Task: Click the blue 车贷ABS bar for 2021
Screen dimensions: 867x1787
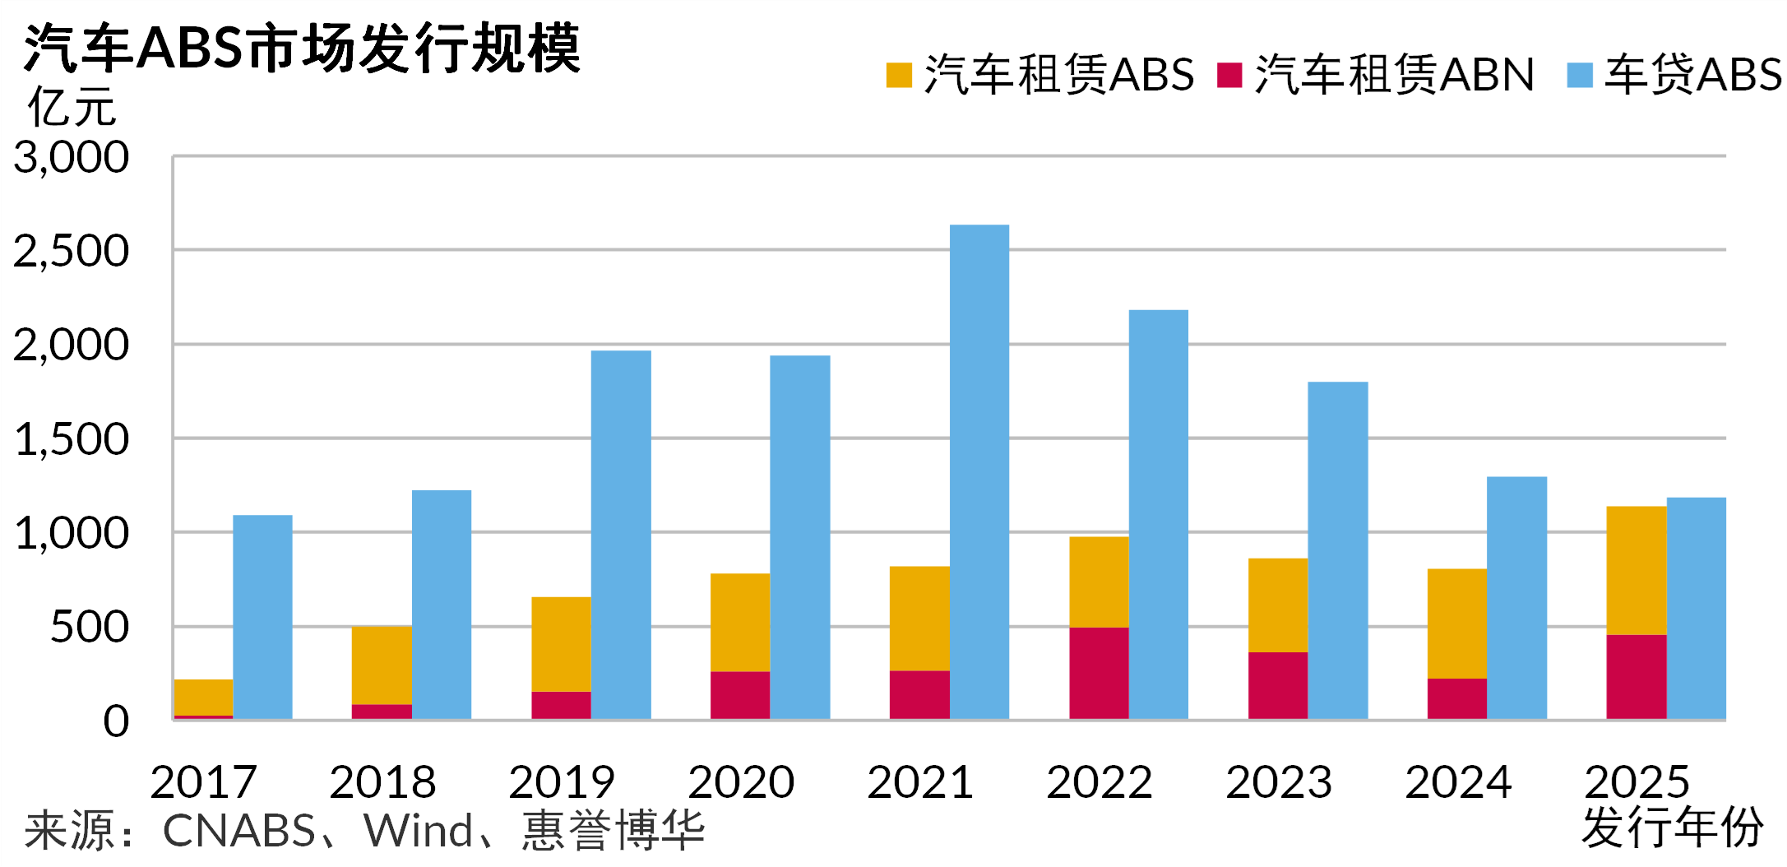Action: pyautogui.click(x=979, y=472)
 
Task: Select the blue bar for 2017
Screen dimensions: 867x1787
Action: pyautogui.click(x=262, y=617)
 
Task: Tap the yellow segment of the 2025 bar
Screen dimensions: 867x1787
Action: pyautogui.click(x=1636, y=570)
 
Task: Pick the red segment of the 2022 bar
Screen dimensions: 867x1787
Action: pyautogui.click(x=1099, y=673)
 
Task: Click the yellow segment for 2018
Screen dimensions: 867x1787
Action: pyautogui.click(x=382, y=665)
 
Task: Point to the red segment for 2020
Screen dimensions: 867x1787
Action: pyautogui.click(x=740, y=695)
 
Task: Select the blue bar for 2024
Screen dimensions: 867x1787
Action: pyautogui.click(x=1516, y=598)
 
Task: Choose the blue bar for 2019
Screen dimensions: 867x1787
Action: pyautogui.click(x=621, y=535)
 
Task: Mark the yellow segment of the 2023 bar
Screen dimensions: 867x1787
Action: pyautogui.click(x=1278, y=605)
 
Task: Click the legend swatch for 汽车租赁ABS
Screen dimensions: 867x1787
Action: pyautogui.click(x=899, y=75)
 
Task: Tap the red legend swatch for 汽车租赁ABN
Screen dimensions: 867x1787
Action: pyautogui.click(x=1229, y=75)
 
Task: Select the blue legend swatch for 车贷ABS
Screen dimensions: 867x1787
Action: pyautogui.click(x=1580, y=75)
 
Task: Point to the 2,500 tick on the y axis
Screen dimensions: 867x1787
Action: pyautogui.click(x=72, y=251)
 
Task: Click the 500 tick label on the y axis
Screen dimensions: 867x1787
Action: pyautogui.click(x=90, y=628)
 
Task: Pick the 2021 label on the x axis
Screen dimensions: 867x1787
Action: pyautogui.click(x=919, y=781)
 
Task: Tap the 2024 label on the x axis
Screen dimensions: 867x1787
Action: pyautogui.click(x=1457, y=781)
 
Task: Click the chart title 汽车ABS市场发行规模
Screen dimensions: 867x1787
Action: pyautogui.click(x=302, y=48)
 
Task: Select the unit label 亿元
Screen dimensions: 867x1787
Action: pyautogui.click(x=72, y=108)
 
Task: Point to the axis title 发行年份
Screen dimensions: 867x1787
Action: pyautogui.click(x=1671, y=828)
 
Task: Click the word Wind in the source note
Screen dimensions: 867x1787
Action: pyautogui.click(x=419, y=831)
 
